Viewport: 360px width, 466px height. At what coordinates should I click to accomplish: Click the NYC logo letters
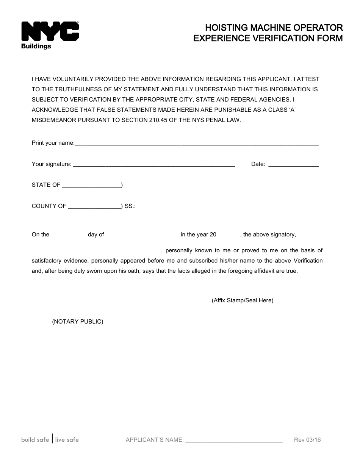pyautogui.click(x=50, y=31)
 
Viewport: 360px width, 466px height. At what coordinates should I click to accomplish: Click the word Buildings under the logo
pyautogui.click(x=36, y=46)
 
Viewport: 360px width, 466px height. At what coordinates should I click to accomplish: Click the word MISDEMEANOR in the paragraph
pyautogui.click(x=53, y=119)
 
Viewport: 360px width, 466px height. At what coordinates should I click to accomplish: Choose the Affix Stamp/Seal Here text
pyautogui.click(x=243, y=300)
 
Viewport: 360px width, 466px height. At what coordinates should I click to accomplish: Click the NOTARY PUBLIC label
pyautogui.click(x=78, y=322)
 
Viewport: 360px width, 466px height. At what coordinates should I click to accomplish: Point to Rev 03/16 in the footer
pyautogui.click(x=307, y=440)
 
